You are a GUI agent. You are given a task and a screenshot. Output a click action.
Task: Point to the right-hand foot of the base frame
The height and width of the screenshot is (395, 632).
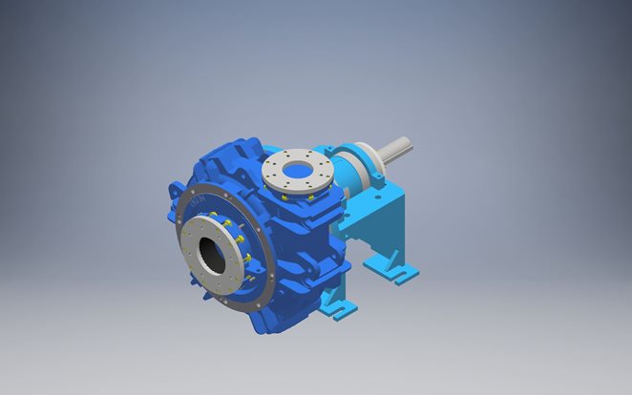point(402,271)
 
